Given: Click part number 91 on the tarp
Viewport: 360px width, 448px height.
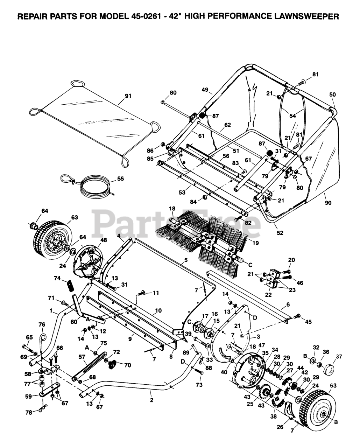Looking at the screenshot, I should point(128,96).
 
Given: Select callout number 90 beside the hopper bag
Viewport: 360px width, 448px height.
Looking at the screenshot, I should point(328,203).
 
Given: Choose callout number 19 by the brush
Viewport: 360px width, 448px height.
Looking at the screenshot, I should point(256,243).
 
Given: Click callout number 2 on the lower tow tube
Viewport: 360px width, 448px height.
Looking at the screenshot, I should point(152,400).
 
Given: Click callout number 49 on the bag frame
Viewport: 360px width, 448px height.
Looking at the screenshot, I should point(206,90).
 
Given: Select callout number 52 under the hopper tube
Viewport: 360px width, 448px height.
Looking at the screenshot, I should point(280,233).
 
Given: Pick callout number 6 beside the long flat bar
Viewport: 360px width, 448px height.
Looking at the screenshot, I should point(288,304).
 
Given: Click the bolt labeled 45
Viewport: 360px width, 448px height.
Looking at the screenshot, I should point(297,316).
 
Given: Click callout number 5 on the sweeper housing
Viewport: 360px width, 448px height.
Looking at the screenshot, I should point(186,260).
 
